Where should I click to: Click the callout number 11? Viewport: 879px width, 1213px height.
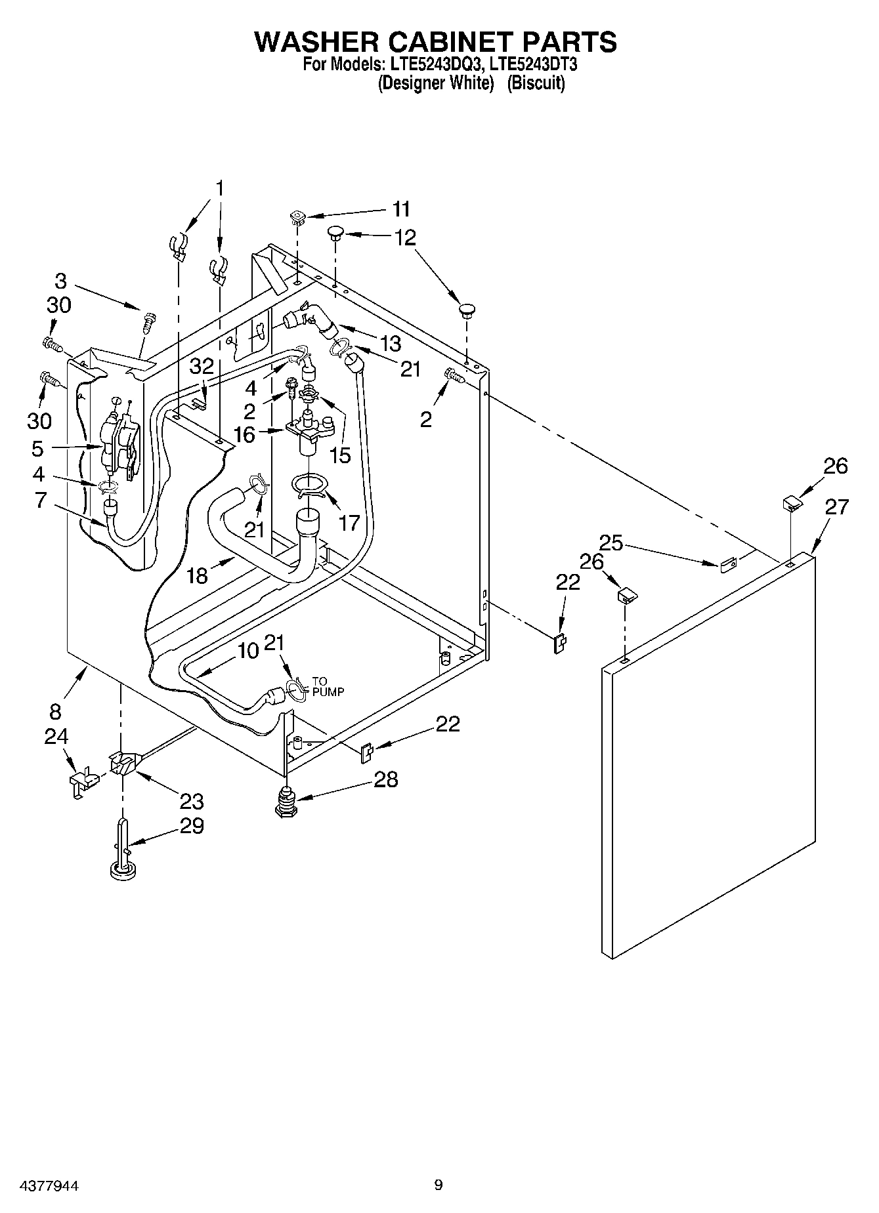(401, 209)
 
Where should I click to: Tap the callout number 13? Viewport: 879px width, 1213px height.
(390, 343)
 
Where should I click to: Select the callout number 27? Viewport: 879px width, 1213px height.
(836, 506)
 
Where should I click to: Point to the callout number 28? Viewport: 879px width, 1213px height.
(385, 779)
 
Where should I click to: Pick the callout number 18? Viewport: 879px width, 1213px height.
(197, 575)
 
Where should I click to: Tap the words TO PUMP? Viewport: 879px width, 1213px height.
(328, 686)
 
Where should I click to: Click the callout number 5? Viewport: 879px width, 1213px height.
(37, 449)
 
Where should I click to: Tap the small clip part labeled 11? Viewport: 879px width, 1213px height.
(298, 216)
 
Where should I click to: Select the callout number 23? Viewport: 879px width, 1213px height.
(192, 801)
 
